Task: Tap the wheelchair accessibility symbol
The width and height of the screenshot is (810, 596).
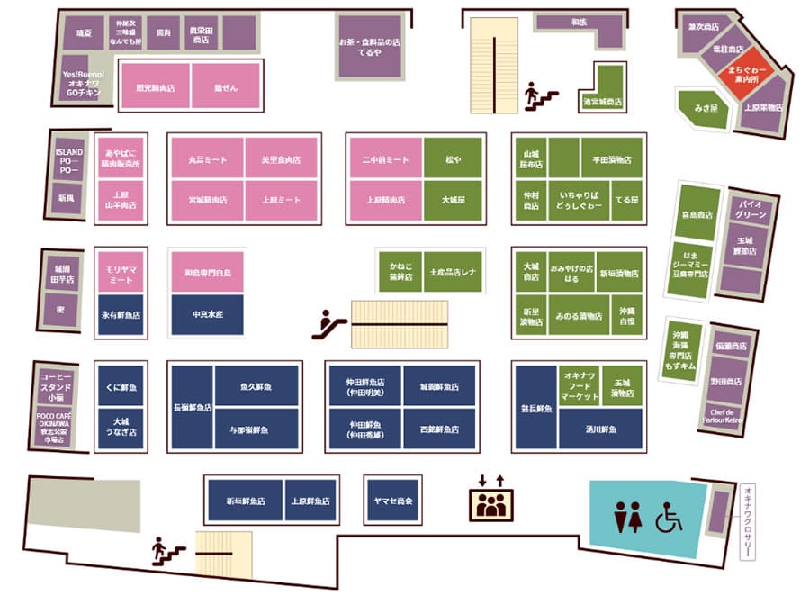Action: click(669, 518)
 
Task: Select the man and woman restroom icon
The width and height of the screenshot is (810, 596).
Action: click(627, 518)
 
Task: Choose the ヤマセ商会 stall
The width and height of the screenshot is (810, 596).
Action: click(392, 500)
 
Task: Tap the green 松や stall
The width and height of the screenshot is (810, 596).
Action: click(453, 159)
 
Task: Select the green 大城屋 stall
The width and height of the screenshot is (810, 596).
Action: click(453, 199)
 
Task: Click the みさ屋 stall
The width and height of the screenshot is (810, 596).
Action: click(705, 108)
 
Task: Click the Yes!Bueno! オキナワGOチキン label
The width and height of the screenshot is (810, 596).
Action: click(84, 82)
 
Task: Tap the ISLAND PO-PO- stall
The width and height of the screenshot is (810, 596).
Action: click(69, 158)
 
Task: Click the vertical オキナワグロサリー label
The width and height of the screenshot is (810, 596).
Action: click(747, 522)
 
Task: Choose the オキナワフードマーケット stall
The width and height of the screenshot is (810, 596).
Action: click(580, 385)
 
